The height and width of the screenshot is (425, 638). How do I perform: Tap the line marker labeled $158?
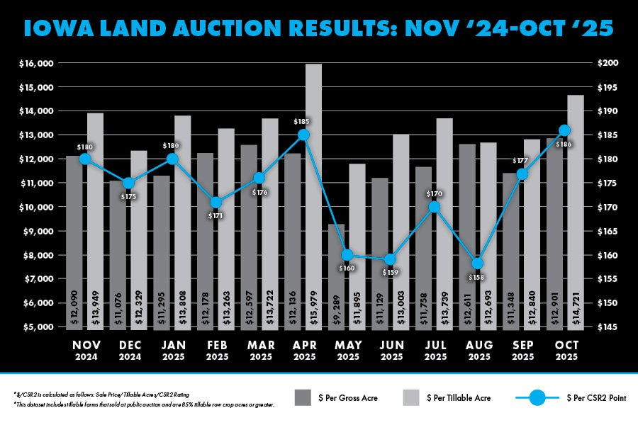(x=478, y=263)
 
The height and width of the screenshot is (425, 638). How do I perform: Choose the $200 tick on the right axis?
(x=608, y=64)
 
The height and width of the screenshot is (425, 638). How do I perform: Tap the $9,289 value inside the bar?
(x=336, y=309)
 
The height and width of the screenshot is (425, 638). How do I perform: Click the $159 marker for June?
(x=391, y=259)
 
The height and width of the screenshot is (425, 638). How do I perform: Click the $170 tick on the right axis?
(x=608, y=208)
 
